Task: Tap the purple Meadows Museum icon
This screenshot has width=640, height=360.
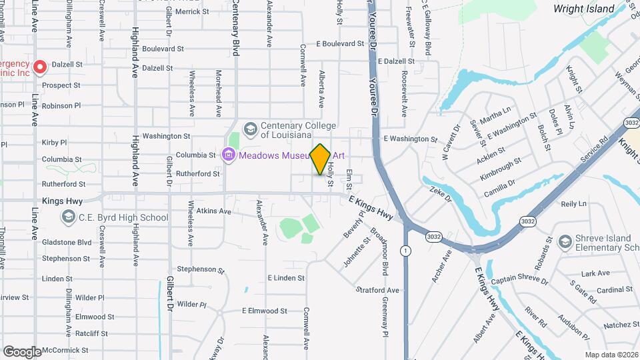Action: click(229, 155)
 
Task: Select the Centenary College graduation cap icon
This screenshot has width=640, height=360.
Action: click(251, 128)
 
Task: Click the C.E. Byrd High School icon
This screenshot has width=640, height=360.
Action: click(68, 217)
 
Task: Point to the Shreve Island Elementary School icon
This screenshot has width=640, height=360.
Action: click(565, 241)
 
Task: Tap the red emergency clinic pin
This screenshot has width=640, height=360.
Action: click(39, 67)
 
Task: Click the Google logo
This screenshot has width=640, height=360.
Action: click(22, 351)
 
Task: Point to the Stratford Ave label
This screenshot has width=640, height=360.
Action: click(377, 290)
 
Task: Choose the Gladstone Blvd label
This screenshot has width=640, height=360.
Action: click(66, 242)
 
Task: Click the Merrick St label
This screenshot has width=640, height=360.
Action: click(192, 11)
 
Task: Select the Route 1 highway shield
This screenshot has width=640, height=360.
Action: click(405, 250)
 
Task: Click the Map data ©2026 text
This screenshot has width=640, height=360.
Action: click(611, 355)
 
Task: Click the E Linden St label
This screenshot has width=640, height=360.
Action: click(286, 277)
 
